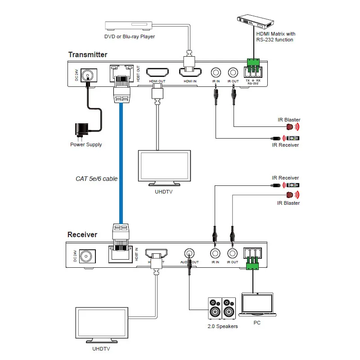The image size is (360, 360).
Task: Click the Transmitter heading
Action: pyautogui.click(x=88, y=55)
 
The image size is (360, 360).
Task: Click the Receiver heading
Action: pyautogui.click(x=82, y=234)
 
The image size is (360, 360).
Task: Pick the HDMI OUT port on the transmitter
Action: pyautogui.click(x=157, y=72)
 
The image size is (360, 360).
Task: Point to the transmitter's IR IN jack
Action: pyautogui.click(x=216, y=72)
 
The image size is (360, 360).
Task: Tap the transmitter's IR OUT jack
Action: pyautogui.click(x=233, y=72)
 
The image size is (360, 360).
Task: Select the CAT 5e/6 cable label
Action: pyautogui.click(x=96, y=179)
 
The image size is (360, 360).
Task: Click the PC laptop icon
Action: pyautogui.click(x=257, y=306)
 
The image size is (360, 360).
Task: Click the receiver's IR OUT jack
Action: pyautogui.click(x=233, y=253)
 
